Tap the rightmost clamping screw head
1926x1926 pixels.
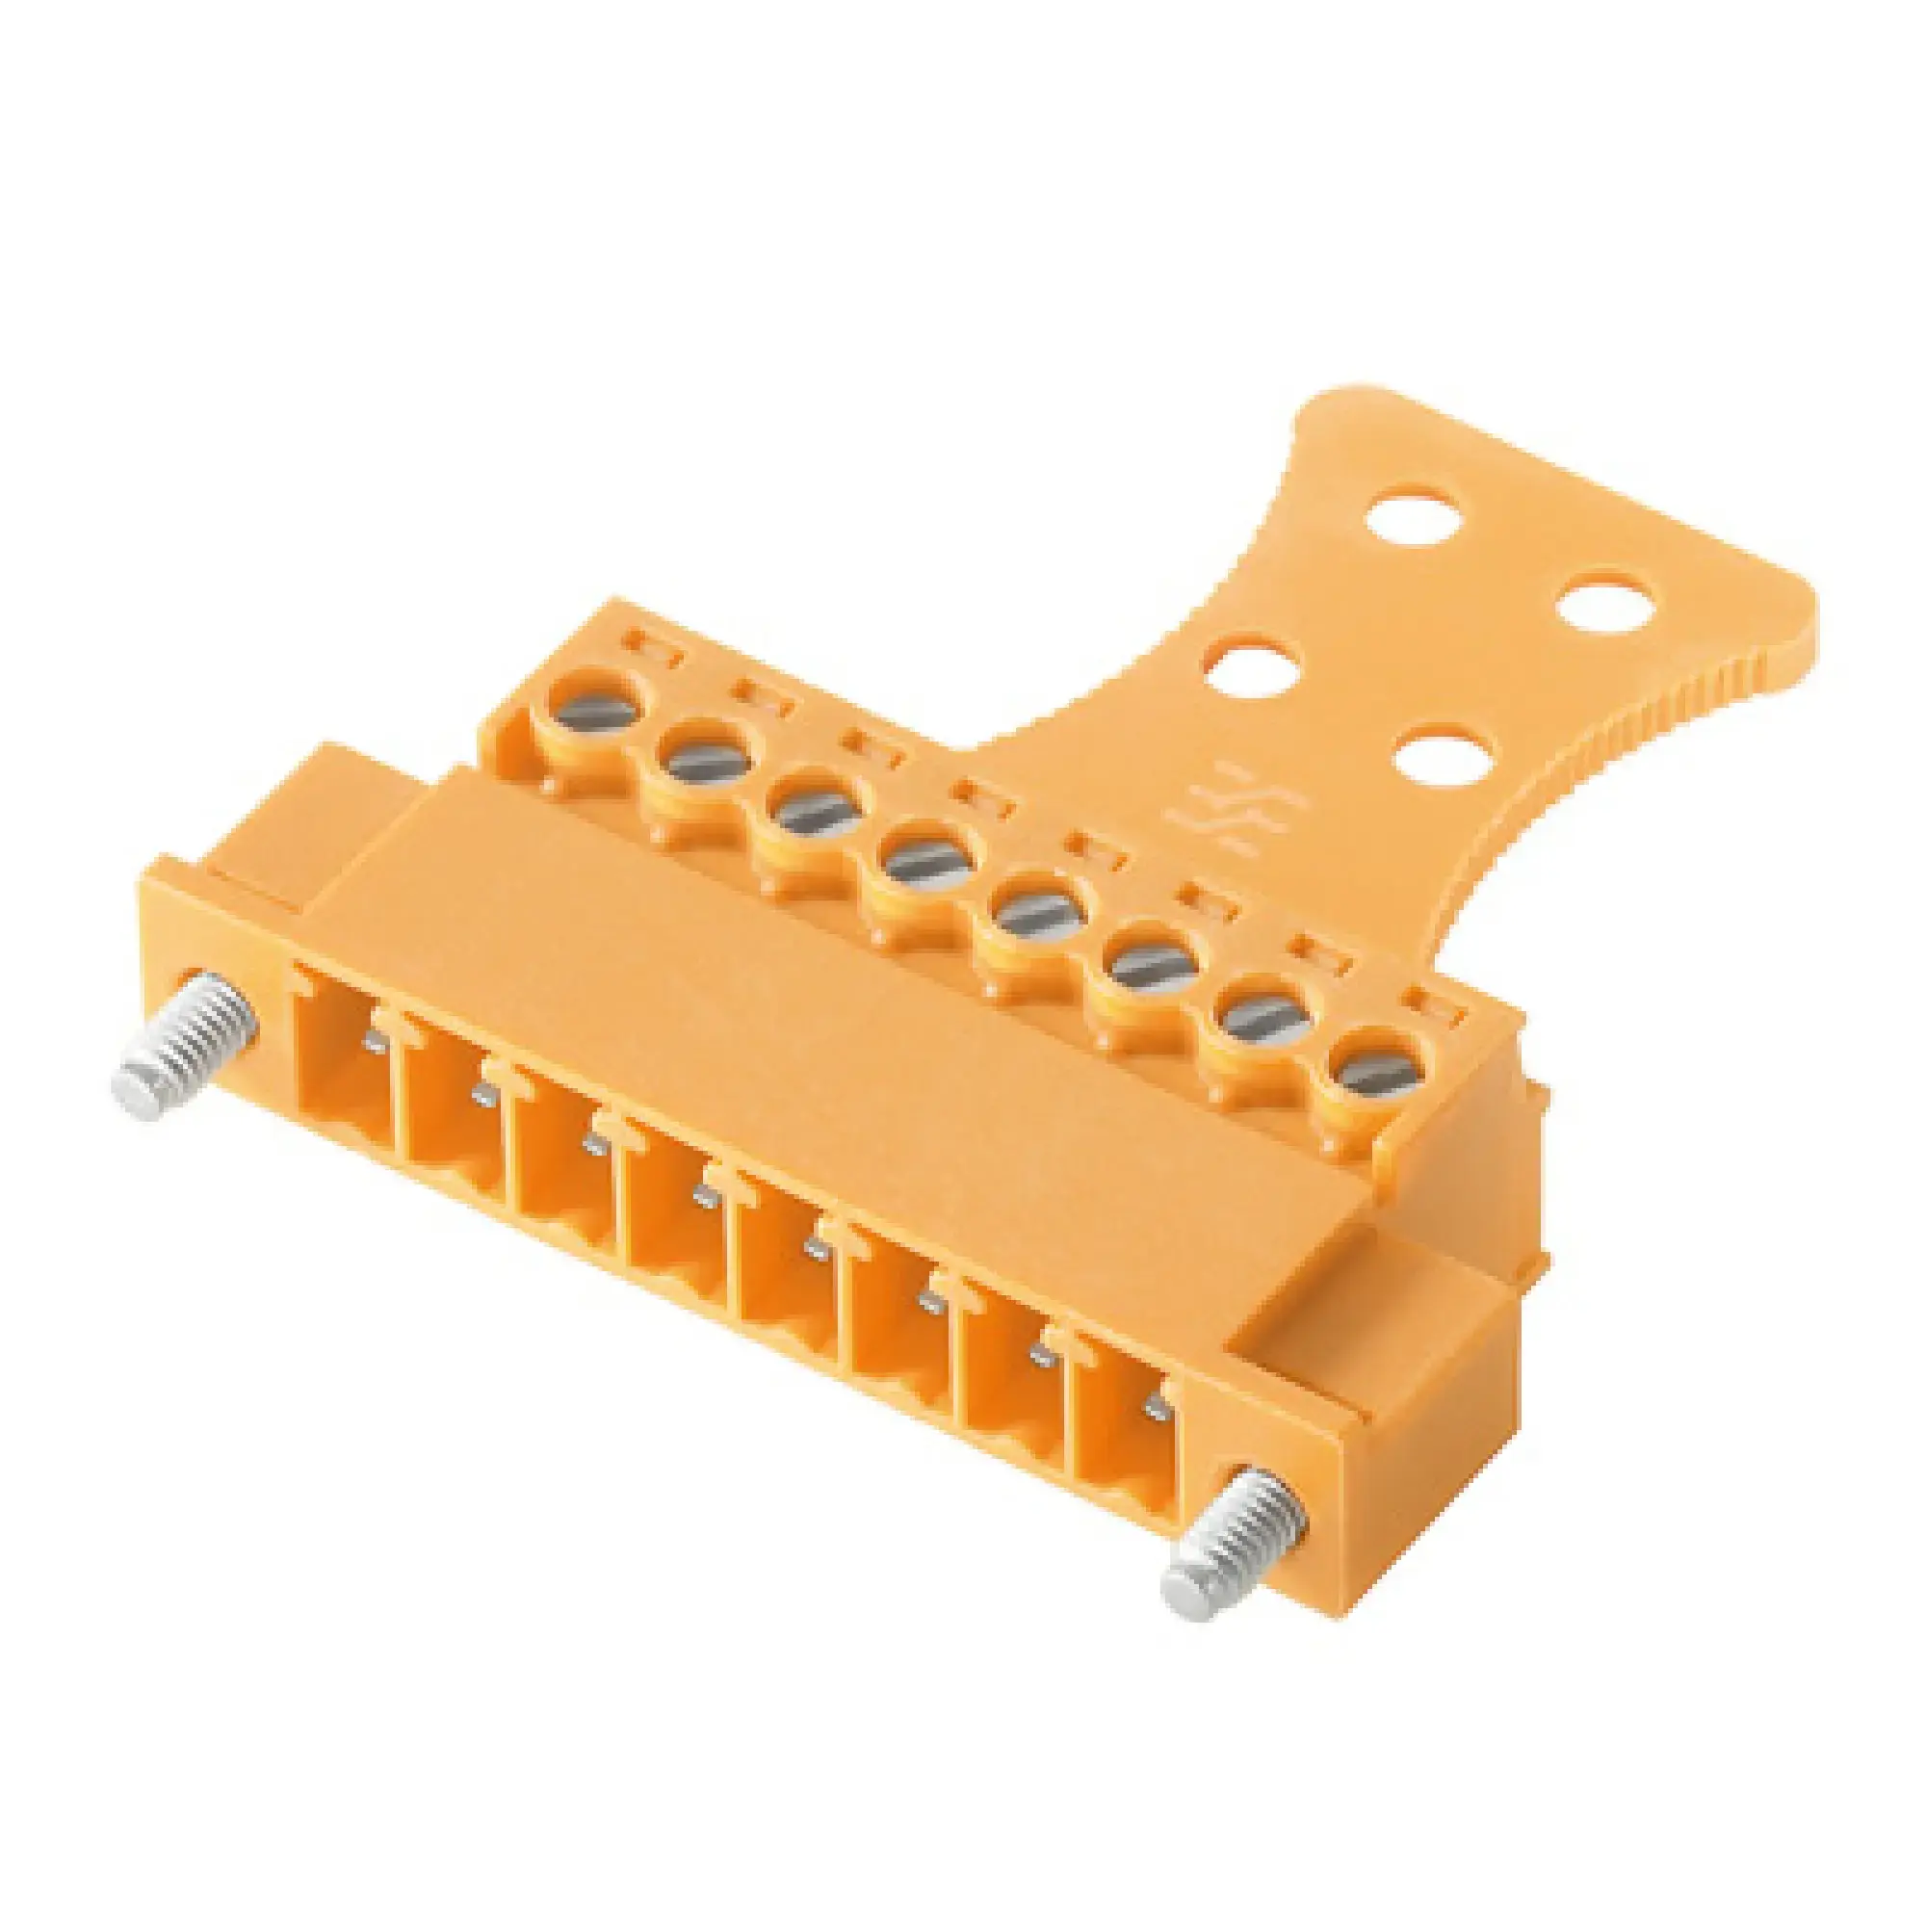[1377, 1073]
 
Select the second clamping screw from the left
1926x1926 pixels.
[707, 763]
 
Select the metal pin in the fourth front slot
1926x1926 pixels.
[707, 1197]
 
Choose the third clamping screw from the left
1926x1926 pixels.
[818, 813]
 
